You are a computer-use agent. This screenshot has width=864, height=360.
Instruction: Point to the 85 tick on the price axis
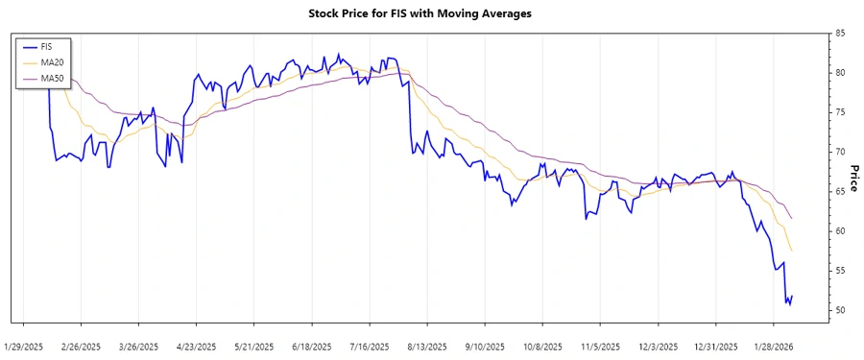coord(840,34)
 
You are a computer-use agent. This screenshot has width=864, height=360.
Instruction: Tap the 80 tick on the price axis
coord(840,73)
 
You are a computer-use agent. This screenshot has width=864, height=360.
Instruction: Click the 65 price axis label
coord(840,192)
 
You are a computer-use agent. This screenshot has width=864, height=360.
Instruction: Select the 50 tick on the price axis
coord(840,311)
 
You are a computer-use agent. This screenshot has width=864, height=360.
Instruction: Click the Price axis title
coord(853,177)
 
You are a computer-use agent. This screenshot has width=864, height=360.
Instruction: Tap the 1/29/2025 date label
coord(24,346)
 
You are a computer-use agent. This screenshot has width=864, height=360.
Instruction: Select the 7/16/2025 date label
coord(370,346)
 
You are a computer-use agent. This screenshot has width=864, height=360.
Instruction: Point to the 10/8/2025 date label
coord(542,346)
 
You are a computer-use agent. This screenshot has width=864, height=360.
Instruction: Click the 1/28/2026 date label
coord(773,346)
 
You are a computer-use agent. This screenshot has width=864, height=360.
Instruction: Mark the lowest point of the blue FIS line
coord(788,304)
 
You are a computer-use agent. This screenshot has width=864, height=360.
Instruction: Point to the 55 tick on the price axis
coord(840,272)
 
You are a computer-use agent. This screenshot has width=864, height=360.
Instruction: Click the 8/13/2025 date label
coord(427,346)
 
